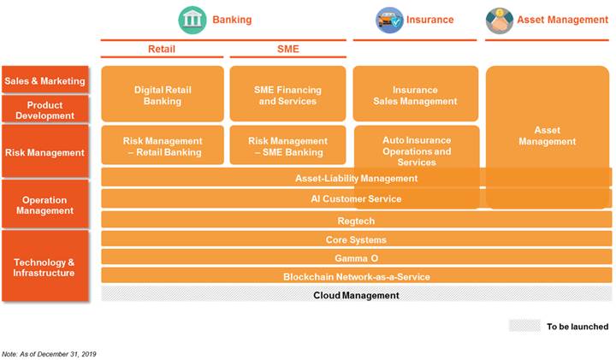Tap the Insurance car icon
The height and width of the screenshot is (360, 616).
coord(389,20)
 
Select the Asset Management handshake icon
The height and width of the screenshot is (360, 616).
coord(499,20)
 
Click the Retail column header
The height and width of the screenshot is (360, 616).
coord(161,49)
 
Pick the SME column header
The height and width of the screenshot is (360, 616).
coord(288,49)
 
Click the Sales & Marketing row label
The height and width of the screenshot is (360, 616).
coord(45,81)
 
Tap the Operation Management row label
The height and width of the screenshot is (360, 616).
coord(45,205)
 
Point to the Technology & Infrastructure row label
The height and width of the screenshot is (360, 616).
coord(45,267)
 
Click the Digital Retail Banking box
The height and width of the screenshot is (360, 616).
coord(163,95)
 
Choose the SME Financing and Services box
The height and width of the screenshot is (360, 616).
coord(287,95)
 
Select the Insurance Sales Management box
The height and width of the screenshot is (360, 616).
coord(416,95)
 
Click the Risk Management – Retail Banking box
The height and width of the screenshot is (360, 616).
coord(163,146)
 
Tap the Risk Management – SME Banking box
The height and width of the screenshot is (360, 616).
coord(287,146)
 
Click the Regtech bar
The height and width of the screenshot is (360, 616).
coord(356,221)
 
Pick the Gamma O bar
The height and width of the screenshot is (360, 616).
coord(356,257)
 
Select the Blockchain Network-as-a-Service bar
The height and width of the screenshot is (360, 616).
coord(356,276)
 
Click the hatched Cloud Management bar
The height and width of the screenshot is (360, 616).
coord(356,295)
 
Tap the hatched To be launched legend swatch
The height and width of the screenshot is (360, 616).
coord(524,326)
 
